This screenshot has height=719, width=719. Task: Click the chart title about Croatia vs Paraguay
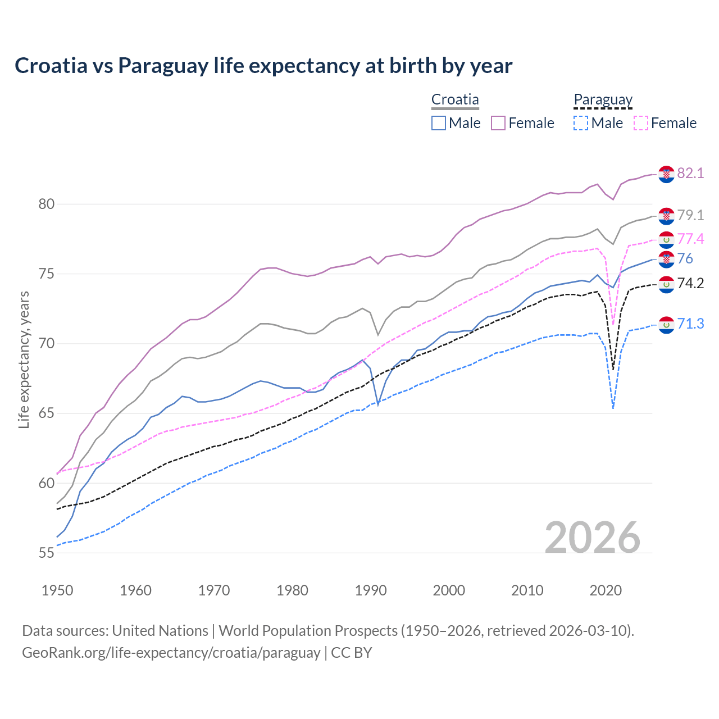pos(263,66)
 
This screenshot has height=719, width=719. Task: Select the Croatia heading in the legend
pos(455,100)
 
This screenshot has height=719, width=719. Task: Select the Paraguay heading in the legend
pos(603,100)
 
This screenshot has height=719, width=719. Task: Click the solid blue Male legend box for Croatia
pos(439,123)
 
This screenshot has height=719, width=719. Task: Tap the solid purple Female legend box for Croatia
pos(498,123)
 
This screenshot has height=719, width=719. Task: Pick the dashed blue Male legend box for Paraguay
pos(581,123)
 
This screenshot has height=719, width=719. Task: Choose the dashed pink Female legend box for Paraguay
pos(640,123)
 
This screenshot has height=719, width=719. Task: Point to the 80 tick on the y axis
pos(47,204)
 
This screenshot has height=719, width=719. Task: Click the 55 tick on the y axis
pos(47,553)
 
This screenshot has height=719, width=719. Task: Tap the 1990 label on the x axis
pos(371,590)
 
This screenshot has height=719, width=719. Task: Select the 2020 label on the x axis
pos(606,590)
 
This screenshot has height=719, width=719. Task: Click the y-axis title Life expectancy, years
pos(24,359)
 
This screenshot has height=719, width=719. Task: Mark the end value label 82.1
pos(690,173)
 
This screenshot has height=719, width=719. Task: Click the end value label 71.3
pos(690,324)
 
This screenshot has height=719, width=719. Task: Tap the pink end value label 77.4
pos(690,239)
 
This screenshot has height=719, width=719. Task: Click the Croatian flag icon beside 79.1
pos(666,215)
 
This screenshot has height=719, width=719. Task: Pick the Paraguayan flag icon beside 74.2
pos(666,284)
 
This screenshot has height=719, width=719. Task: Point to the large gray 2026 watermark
pos(593,538)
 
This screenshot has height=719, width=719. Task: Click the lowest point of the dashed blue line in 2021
pos(613,408)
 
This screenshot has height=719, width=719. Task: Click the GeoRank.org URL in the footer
pos(171,653)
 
